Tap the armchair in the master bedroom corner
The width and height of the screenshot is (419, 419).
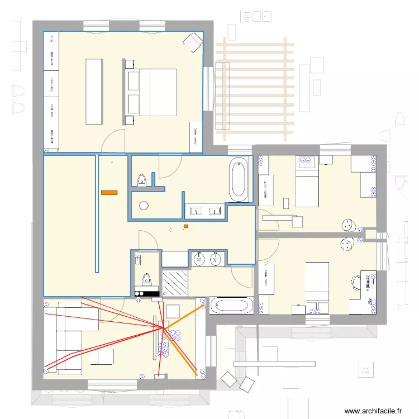pyautogui.click(x=193, y=41)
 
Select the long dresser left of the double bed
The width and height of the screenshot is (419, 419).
pyautogui.click(x=94, y=92)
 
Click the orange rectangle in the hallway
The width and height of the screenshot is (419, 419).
pyautogui.click(x=109, y=193)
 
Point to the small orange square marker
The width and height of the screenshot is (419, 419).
pyautogui.click(x=185, y=226)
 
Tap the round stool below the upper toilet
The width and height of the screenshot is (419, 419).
pyautogui.click(x=144, y=205)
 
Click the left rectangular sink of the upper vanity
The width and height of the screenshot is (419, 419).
pyautogui.click(x=197, y=211)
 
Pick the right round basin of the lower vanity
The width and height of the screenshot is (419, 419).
pyautogui.click(x=216, y=259)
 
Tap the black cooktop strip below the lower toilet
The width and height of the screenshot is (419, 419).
pyautogui.click(x=147, y=293)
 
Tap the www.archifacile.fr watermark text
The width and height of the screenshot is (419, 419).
pyautogui.click(x=373, y=411)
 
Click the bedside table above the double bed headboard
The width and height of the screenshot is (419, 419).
pyautogui.click(x=130, y=64)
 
